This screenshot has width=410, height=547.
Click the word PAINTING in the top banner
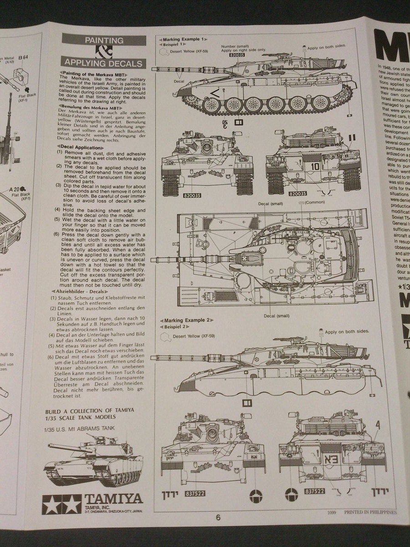[x=104, y=41]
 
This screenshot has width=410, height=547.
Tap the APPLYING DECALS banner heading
[x=104, y=63]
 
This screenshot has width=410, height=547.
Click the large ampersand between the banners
[x=104, y=52]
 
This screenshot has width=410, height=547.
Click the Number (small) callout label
[x=235, y=46]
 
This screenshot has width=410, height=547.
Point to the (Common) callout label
[x=314, y=202]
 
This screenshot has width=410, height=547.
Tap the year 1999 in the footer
[x=332, y=512]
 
